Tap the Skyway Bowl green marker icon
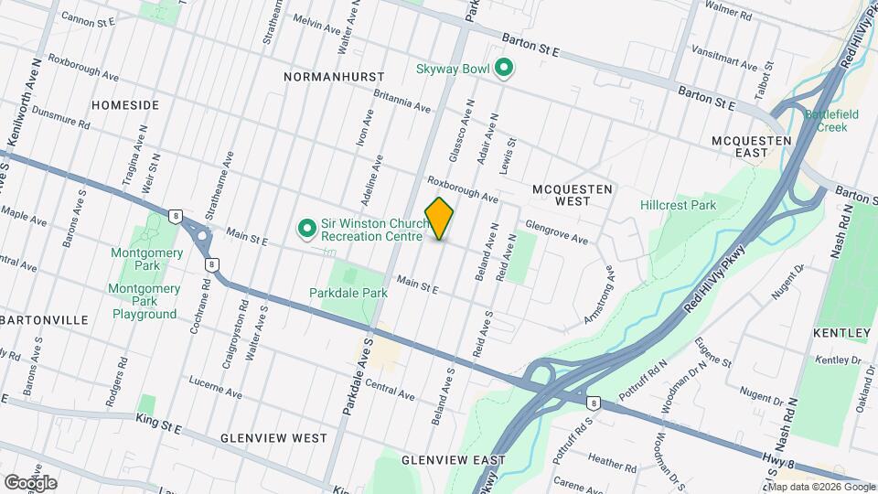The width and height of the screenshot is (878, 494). (502, 67)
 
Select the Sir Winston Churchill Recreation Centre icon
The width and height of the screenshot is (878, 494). (307, 227)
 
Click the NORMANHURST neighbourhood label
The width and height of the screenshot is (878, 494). (335, 78)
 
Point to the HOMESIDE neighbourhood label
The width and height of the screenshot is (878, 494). (125, 105)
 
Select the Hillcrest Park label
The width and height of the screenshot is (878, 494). (678, 206)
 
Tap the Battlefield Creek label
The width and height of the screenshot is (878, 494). (827, 121)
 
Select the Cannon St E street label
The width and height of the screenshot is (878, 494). (87, 18)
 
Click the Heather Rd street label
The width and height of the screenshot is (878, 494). (605, 458)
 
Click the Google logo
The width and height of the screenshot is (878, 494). (29, 482)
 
